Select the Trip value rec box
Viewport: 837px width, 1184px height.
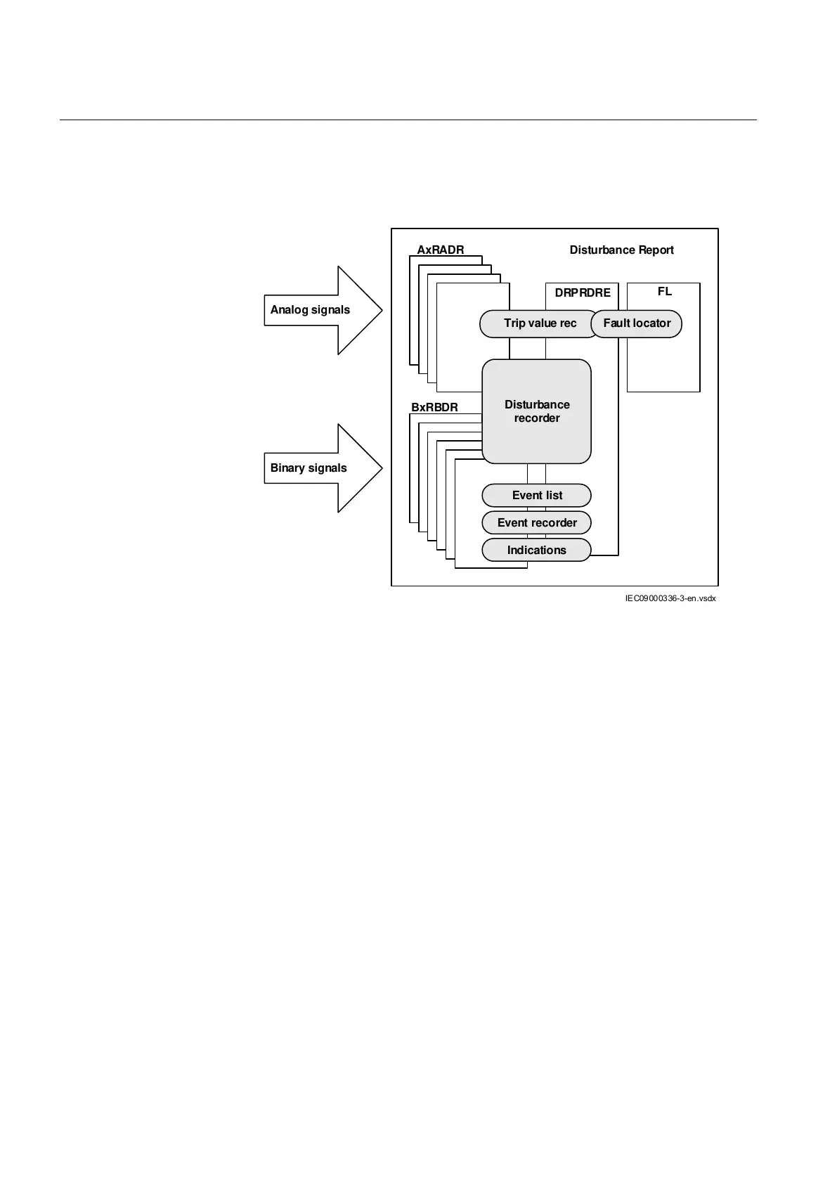pos(539,323)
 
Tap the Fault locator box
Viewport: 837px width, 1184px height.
pos(637,323)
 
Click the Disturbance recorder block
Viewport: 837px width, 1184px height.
pos(536,411)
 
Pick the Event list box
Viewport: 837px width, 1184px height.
pos(536,496)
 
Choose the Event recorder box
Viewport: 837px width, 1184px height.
pos(536,523)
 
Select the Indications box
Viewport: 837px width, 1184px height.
pos(536,551)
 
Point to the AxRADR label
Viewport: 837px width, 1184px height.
pos(441,250)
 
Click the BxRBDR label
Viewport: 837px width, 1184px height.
pos(434,407)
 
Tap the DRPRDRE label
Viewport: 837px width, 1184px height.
pos(583,292)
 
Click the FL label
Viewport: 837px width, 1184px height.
pos(664,291)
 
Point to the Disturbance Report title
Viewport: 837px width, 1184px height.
pos(621,250)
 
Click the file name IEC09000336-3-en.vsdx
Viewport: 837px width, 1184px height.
pos(670,599)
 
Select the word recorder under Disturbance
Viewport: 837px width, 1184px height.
pos(537,418)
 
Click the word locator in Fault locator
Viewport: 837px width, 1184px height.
pos(651,323)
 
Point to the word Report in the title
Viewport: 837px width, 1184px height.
pos(656,250)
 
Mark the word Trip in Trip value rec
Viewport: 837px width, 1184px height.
pos(514,323)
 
